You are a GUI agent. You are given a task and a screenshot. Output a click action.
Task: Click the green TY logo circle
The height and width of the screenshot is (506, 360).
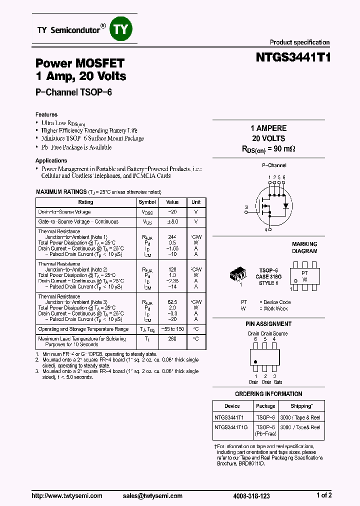(121, 29)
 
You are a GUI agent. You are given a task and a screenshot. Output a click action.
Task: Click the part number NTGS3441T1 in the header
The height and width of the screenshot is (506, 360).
(293, 57)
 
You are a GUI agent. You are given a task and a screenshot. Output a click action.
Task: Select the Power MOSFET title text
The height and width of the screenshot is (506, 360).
(79, 63)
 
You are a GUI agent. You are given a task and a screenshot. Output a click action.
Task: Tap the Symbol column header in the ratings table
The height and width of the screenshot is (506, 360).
(147, 202)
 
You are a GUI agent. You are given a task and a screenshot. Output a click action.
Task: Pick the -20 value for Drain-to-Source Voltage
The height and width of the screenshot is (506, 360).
(172, 212)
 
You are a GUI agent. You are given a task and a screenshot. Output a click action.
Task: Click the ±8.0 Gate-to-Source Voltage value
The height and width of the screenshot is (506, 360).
(172, 221)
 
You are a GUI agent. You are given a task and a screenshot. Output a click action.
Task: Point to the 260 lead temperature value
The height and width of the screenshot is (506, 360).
(172, 339)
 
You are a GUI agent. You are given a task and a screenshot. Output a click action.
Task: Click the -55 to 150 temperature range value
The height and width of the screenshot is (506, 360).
(172, 329)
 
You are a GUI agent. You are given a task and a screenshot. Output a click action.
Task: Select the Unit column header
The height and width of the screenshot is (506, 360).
(196, 202)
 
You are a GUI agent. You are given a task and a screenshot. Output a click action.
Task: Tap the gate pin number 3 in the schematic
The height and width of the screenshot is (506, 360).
(246, 207)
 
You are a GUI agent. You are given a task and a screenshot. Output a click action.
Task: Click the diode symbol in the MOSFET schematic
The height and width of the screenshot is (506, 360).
(286, 205)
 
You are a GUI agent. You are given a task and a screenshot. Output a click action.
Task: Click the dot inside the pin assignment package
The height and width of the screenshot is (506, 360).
(256, 361)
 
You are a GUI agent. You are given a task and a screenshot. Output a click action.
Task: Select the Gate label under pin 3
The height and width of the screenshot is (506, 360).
(277, 382)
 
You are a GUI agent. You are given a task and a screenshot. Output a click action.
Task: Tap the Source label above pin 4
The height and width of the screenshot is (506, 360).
(280, 333)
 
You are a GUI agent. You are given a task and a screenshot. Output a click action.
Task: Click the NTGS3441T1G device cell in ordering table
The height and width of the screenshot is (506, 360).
(230, 427)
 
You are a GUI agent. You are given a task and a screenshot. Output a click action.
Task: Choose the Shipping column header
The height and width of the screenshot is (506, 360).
(301, 406)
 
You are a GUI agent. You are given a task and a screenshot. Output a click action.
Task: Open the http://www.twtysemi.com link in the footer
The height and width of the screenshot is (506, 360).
(67, 495)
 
